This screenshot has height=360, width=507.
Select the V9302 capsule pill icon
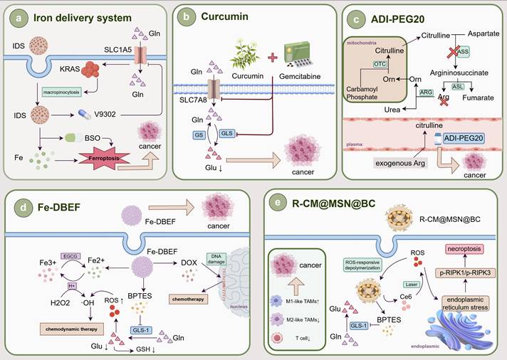85,114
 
